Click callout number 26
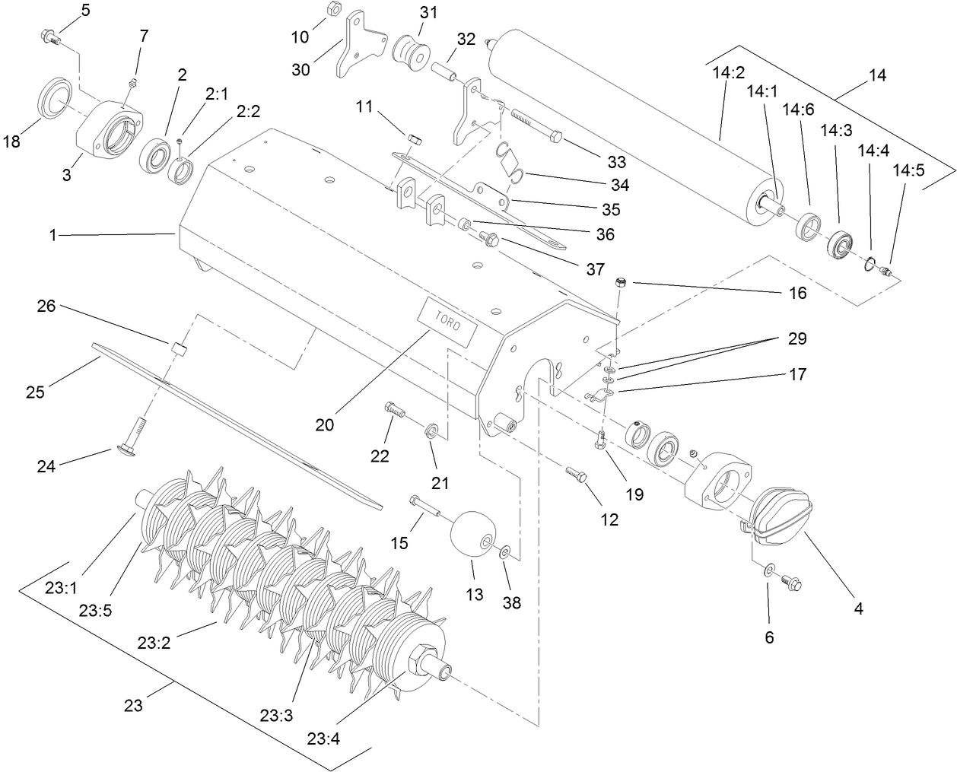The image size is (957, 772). [46, 307]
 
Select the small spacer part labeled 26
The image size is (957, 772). [179, 349]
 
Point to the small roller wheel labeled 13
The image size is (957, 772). [472, 537]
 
